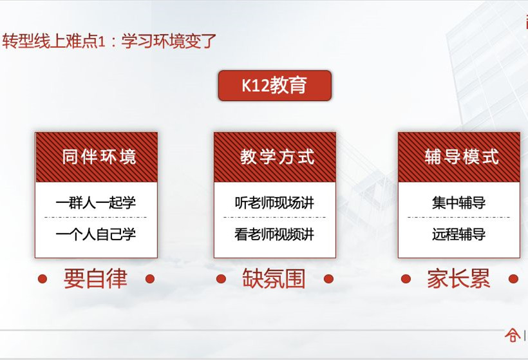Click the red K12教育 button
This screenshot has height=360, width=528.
[275, 86]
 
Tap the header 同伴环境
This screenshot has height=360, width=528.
[99, 157]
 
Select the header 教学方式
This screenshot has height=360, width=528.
[277, 157]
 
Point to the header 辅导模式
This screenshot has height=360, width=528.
[461, 157]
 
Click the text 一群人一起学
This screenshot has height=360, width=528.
[96, 203]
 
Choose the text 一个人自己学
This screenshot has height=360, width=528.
[96, 234]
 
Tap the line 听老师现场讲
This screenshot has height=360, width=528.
[274, 203]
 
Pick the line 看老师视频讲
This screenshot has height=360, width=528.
[274, 234]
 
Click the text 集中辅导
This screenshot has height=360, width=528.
[459, 203]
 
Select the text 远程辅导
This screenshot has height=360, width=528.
[459, 234]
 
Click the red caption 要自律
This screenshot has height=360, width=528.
[96, 278]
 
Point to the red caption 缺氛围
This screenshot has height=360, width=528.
[274, 278]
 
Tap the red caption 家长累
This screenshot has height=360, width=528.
[458, 278]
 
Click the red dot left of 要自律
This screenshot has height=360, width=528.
[42, 279]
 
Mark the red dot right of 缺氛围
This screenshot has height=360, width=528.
[328, 279]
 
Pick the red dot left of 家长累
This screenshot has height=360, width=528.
[406, 279]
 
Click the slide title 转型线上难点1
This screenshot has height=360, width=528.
[54, 41]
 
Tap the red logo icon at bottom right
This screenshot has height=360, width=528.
[512, 335]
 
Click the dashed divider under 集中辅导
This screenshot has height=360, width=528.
[458, 217]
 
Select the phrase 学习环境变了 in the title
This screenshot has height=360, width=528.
[169, 41]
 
